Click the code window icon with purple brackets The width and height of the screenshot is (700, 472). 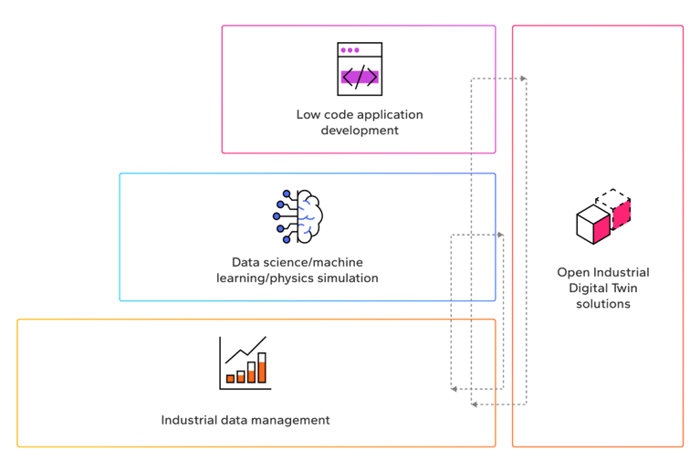(359, 69)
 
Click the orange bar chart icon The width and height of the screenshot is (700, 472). (245, 362)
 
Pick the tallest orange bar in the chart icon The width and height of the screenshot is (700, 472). (262, 368)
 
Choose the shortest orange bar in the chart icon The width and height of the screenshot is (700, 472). (230, 377)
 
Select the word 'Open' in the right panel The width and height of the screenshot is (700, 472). (571, 272)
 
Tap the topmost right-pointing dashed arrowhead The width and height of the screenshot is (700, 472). (524, 79)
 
